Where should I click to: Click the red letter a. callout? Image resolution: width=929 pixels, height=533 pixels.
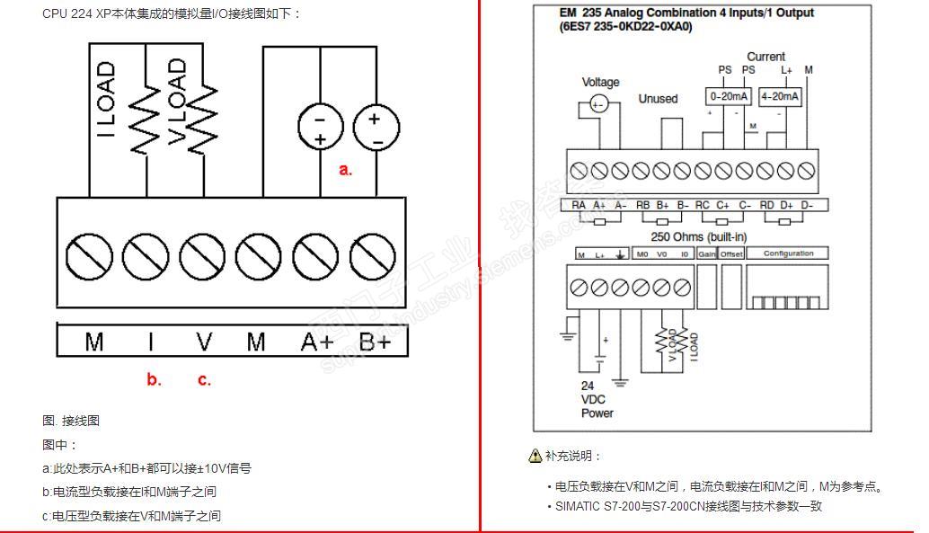[x=345, y=170]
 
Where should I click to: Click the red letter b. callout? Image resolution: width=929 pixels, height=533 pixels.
[x=154, y=380]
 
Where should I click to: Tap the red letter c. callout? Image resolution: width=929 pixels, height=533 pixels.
[x=204, y=380]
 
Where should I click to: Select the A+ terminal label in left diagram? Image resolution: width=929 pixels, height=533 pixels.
[x=317, y=342]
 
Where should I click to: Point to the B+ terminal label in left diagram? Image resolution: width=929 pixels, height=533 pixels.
[x=375, y=342]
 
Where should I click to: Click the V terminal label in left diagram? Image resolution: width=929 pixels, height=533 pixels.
[x=205, y=342]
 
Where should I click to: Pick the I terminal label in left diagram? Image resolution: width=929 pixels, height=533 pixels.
[x=150, y=342]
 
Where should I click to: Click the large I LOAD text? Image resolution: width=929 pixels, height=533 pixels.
[x=106, y=100]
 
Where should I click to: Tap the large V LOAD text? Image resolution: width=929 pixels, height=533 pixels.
[x=178, y=100]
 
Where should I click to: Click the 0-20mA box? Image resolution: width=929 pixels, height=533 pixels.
[x=729, y=96]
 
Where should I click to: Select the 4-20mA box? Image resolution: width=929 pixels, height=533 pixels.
[x=780, y=96]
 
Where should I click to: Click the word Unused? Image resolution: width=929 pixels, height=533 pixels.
[x=658, y=99]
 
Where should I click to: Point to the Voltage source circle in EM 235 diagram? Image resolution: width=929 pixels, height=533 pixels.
[x=597, y=104]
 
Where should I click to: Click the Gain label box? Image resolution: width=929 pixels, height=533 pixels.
[x=707, y=254]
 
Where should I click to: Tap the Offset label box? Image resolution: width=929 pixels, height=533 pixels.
[x=731, y=254]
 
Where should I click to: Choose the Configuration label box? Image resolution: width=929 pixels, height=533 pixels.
[x=788, y=254]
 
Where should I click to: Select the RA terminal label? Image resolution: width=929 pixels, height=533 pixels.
[x=579, y=205]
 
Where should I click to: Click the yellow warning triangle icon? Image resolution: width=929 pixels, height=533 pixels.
[x=535, y=456]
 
